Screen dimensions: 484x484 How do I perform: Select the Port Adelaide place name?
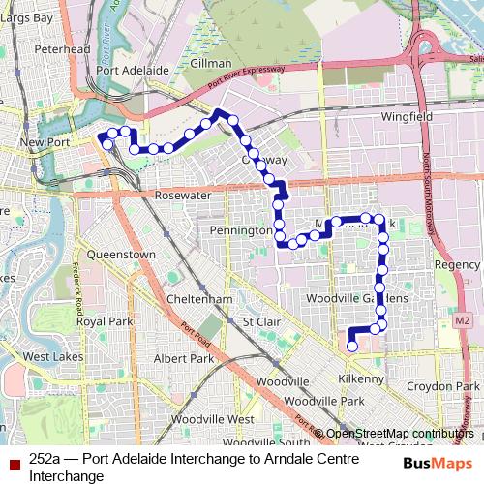133,71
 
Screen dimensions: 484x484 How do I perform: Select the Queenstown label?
121,255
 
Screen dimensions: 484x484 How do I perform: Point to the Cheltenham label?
197,300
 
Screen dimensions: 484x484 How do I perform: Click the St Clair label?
260,321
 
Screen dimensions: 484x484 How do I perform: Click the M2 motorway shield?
461,320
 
